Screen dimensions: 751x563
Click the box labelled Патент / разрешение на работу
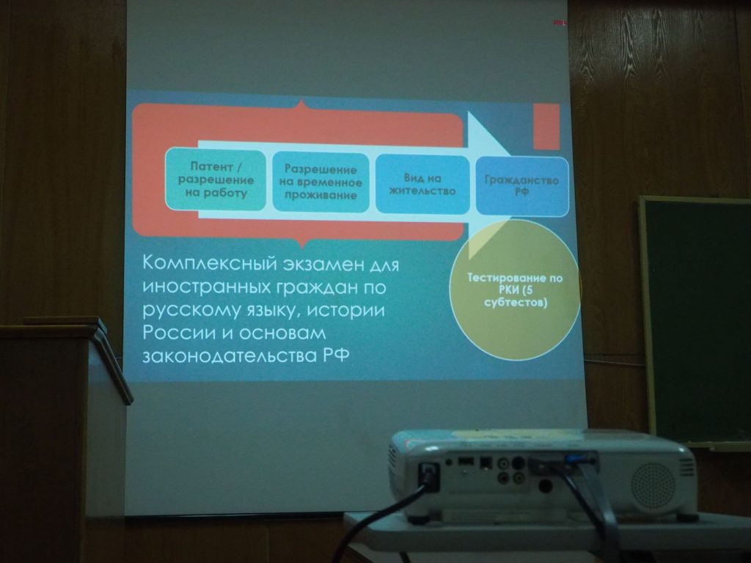pyautogui.click(x=216, y=180)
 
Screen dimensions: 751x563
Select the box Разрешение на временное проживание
pyautogui.click(x=321, y=183)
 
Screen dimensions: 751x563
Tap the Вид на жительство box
pyautogui.click(x=422, y=184)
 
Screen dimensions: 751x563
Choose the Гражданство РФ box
pyautogui.click(x=522, y=185)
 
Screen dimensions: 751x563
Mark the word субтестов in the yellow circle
pyautogui.click(x=516, y=303)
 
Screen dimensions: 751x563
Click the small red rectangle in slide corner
pyautogui.click(x=546, y=127)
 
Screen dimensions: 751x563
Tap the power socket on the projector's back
pyautogui.click(x=428, y=476)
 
